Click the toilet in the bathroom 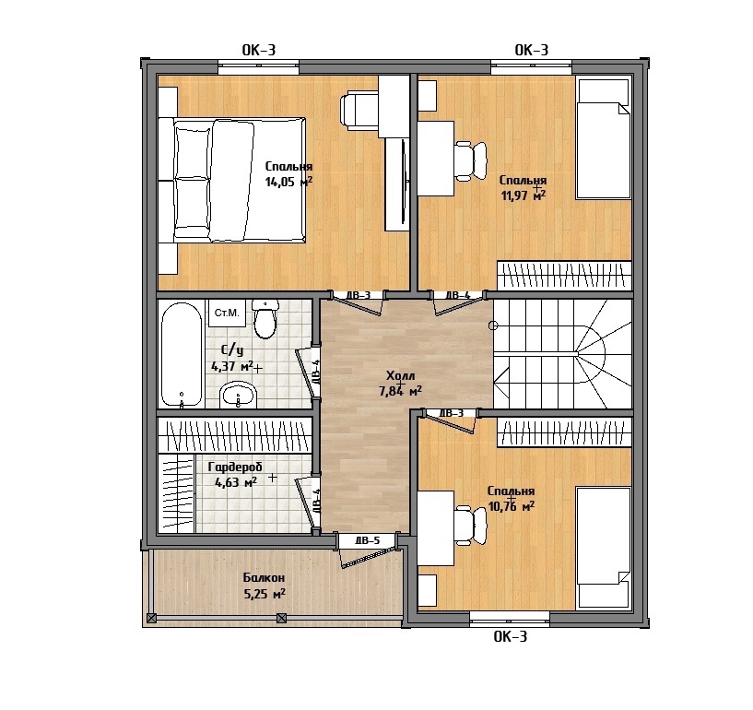pos(265,318)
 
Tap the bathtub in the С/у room pos(181,355)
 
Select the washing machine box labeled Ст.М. pos(227,314)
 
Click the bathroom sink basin pos(238,395)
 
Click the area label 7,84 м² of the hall pos(401,391)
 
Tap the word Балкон pos(264,577)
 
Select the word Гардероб pos(235,467)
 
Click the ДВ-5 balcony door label pos(368,541)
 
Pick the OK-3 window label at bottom pos(511,637)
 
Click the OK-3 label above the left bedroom pos(259,50)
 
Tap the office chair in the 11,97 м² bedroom pos(471,161)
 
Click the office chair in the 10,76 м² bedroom pos(471,526)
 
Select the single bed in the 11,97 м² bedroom pos(603,139)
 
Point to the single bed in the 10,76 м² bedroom pos(603,548)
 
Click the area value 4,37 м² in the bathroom pos(232,367)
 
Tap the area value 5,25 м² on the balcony pos(265,594)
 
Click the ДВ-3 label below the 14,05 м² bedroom pos(359,295)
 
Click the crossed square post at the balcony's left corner pos(152,618)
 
